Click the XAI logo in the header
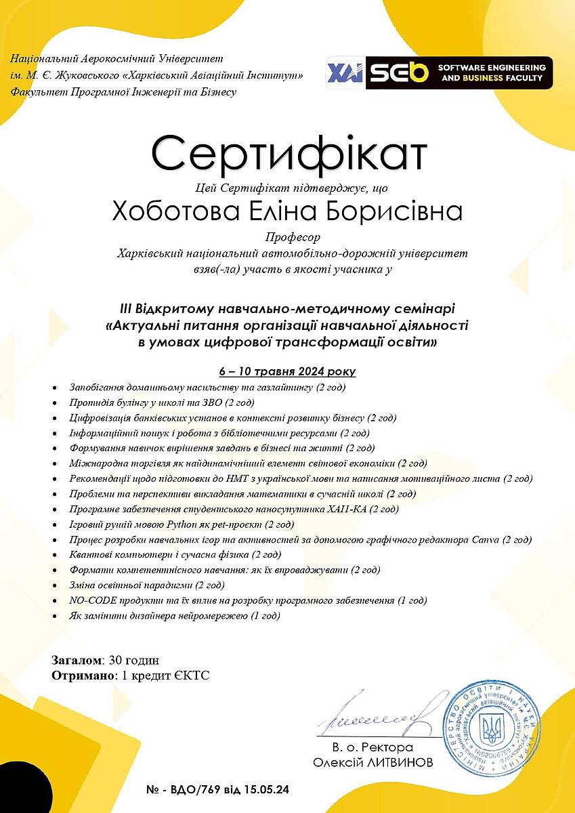(x=345, y=73)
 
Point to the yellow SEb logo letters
(x=399, y=73)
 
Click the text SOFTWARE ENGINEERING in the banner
(x=492, y=68)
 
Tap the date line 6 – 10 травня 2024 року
(x=287, y=371)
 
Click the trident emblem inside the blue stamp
(x=492, y=728)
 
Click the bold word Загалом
(x=77, y=660)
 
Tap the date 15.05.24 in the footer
(x=273, y=790)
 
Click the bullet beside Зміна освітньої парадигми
(x=55, y=585)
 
